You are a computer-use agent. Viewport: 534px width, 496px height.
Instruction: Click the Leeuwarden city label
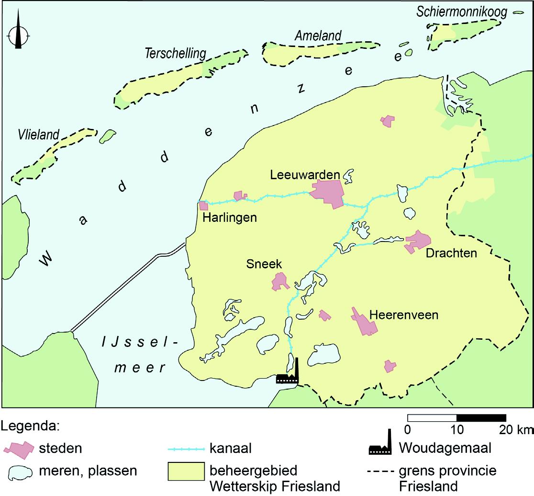305,175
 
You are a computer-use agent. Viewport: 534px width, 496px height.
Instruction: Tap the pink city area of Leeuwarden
328,193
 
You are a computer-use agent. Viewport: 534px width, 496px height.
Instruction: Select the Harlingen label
230,218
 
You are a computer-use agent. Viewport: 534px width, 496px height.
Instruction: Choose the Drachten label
452,254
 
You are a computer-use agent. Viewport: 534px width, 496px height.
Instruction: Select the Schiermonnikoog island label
462,12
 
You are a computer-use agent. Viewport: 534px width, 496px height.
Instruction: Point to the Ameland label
318,36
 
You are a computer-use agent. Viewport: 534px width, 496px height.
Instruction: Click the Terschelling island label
175,54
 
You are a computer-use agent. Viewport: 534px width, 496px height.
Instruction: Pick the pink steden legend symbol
20,448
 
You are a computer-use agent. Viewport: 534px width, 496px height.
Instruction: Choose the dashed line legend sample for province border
380,471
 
